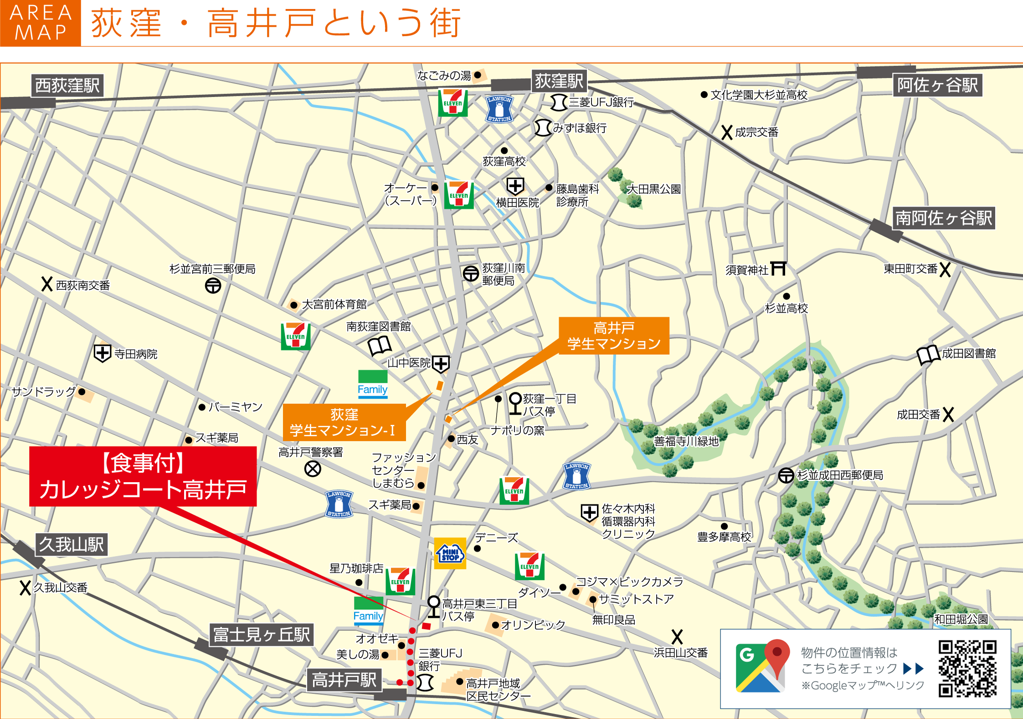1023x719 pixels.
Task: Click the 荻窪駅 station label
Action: [x=559, y=81]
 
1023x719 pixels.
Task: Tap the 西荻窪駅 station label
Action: [x=67, y=85]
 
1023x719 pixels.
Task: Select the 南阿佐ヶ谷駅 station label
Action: [x=944, y=218]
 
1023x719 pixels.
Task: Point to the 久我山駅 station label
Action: [x=72, y=544]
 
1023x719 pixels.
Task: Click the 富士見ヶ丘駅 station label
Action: [x=262, y=634]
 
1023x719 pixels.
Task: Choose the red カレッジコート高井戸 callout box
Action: [x=143, y=476]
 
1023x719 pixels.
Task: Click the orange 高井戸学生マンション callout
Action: [x=614, y=336]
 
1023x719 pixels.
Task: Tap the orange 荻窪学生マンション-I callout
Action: [x=344, y=422]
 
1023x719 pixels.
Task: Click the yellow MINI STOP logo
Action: [x=450, y=553]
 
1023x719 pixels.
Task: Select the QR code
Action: [x=967, y=668]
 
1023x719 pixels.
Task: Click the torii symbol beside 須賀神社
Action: [x=778, y=268]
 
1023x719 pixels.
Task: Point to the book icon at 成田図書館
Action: [x=928, y=355]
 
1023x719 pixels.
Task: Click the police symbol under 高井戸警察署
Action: [x=313, y=469]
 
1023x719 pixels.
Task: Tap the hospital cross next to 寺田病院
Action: [x=102, y=353]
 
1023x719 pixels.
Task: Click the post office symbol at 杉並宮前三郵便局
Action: [x=213, y=286]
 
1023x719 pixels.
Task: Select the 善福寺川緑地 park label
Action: [x=686, y=441]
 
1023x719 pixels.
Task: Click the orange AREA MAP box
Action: [x=41, y=23]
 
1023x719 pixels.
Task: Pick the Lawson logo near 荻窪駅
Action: [x=499, y=109]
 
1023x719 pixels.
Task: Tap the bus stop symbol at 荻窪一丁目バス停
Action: [x=515, y=403]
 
